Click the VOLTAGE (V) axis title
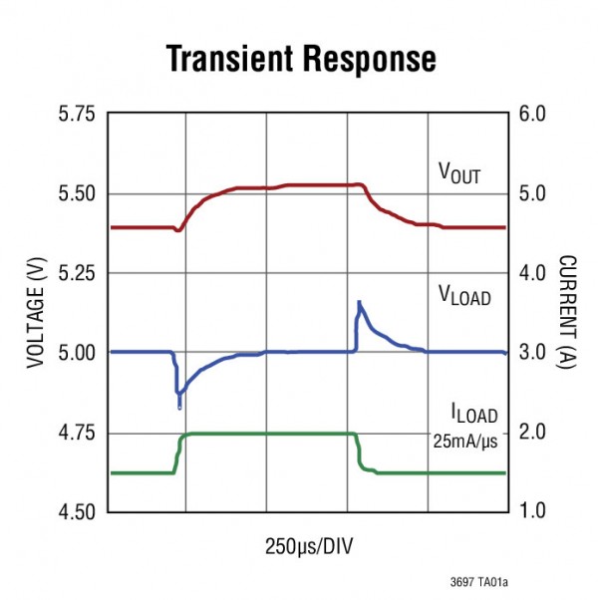(36, 313)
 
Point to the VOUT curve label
(459, 175)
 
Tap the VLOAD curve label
(463, 295)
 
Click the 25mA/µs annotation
(465, 438)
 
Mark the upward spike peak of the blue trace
(358, 302)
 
